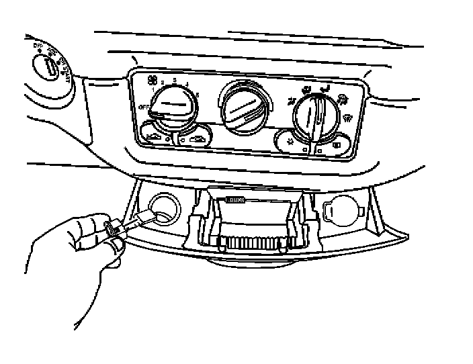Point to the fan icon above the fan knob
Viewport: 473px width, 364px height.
(x=151, y=80)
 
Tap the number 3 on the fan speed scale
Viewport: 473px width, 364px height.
(x=175, y=81)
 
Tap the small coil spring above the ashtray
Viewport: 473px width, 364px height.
(x=234, y=199)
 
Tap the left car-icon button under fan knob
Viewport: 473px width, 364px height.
(x=155, y=134)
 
